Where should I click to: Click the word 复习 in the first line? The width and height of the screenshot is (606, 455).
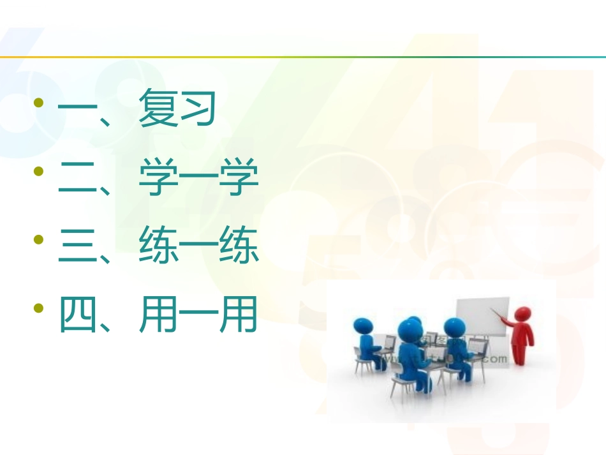pos(177,109)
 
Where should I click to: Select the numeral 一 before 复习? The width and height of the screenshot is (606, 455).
pos(78,110)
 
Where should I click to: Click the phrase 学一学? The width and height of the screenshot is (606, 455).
pos(198,179)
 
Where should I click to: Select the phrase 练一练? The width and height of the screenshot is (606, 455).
pos(198,247)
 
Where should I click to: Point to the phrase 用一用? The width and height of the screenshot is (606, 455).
pos(198,316)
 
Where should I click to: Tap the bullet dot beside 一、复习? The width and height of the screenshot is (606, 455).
pos(40,103)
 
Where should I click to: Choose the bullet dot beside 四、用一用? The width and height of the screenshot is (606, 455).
pos(40,308)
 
